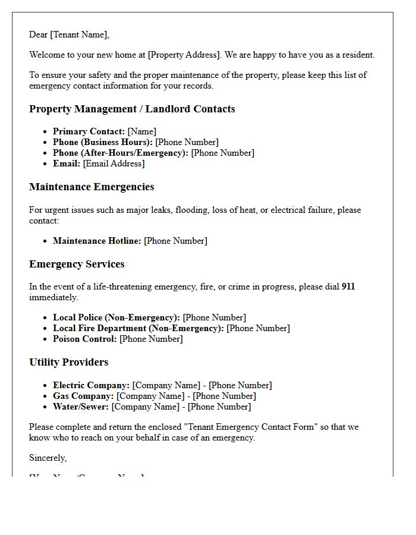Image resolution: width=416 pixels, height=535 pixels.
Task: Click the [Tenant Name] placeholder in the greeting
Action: click(x=80, y=34)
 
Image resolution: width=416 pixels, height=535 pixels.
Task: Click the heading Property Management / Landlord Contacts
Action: click(x=132, y=109)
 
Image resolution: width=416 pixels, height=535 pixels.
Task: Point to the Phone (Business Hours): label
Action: click(x=103, y=142)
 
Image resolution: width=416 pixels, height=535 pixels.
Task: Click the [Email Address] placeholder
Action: click(x=114, y=163)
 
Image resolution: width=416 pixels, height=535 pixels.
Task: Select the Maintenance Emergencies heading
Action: click(x=92, y=187)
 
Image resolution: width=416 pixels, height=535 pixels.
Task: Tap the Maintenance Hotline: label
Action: click(x=97, y=241)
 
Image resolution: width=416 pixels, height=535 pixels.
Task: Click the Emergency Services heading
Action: click(x=77, y=264)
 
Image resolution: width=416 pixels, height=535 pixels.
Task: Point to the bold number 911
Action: click(x=348, y=287)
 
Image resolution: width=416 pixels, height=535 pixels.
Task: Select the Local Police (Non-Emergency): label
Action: click(x=116, y=317)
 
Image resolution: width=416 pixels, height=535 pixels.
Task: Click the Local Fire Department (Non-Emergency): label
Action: click(x=138, y=328)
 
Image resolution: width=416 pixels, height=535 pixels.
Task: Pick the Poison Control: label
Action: click(x=85, y=339)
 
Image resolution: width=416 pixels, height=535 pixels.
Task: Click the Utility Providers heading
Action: click(x=68, y=362)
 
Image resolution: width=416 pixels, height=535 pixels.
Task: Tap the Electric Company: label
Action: click(x=91, y=385)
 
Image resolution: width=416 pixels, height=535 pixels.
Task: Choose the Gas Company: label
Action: click(x=83, y=396)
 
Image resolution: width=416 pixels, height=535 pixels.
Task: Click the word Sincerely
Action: click(x=48, y=458)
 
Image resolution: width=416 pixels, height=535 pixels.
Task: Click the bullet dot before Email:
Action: click(x=45, y=164)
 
